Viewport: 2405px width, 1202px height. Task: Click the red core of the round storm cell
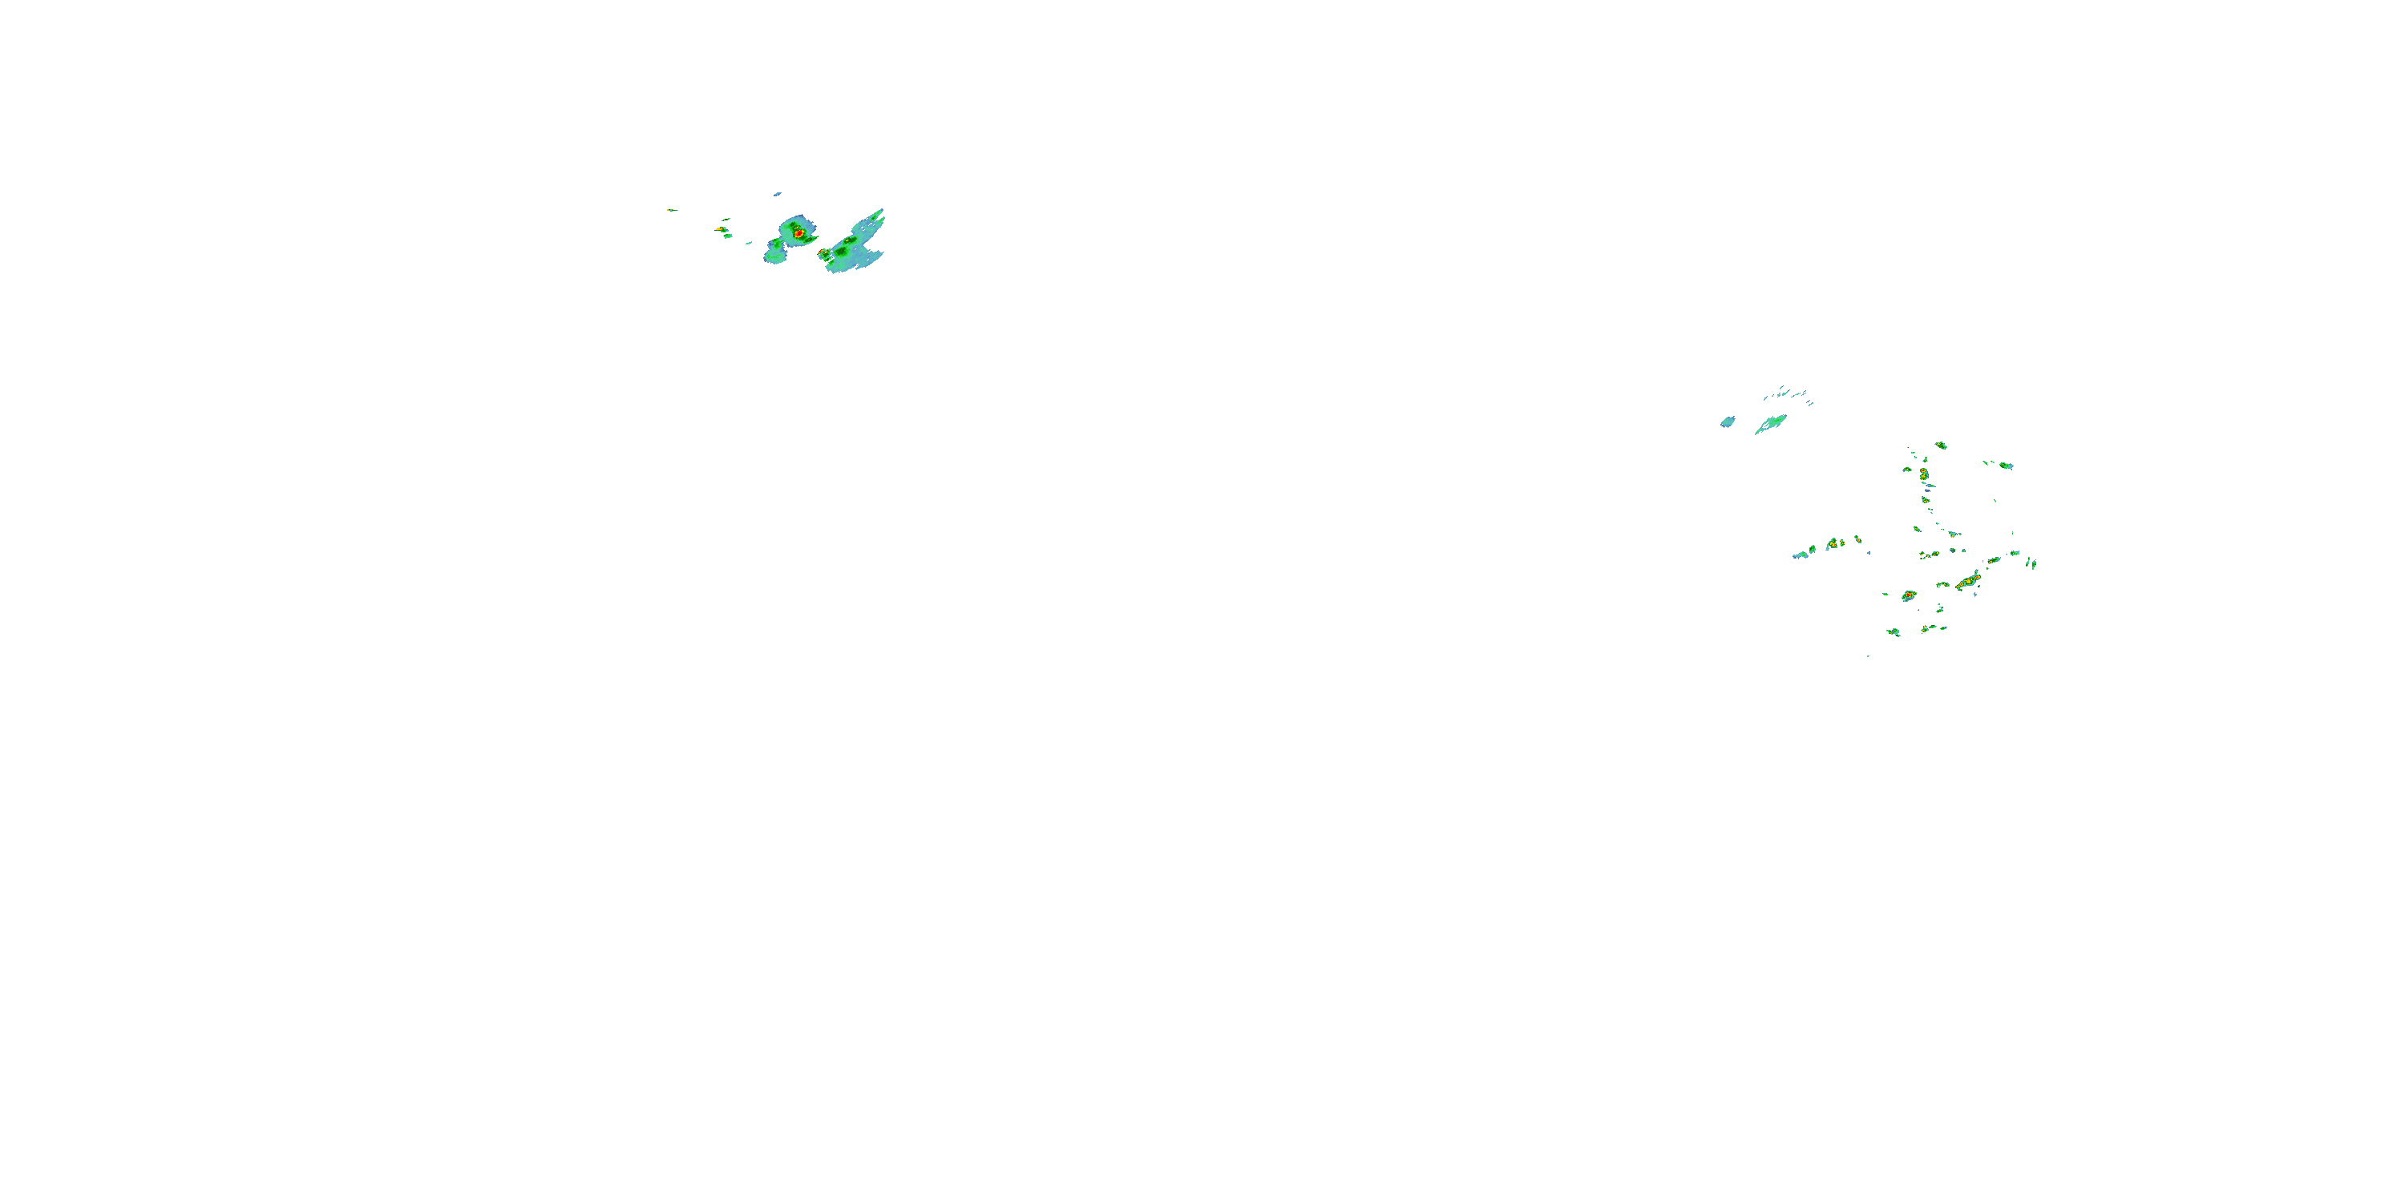click(798, 231)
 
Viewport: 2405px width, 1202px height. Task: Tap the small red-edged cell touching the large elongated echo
click(823, 253)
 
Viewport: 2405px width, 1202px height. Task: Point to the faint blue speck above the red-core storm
click(777, 194)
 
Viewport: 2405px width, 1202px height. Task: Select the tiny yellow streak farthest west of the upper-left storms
click(669, 210)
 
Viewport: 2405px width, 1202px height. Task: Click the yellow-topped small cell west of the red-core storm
click(721, 228)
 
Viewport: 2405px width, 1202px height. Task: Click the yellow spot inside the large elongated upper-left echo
click(847, 242)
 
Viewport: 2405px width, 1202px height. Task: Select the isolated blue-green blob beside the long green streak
click(1728, 422)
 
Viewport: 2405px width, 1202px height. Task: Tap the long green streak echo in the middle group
click(1771, 424)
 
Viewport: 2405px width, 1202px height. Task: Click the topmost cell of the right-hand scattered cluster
click(1941, 446)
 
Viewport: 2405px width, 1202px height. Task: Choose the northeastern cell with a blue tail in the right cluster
click(2004, 465)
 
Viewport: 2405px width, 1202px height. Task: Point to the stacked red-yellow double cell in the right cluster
click(1923, 475)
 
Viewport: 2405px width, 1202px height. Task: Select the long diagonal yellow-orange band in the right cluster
click(1969, 582)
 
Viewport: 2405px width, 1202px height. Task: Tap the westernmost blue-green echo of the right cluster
click(1799, 556)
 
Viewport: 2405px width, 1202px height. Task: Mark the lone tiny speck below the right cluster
click(1868, 656)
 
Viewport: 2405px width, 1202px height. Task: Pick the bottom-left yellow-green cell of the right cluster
click(1894, 631)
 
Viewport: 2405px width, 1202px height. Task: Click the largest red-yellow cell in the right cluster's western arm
click(1833, 543)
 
